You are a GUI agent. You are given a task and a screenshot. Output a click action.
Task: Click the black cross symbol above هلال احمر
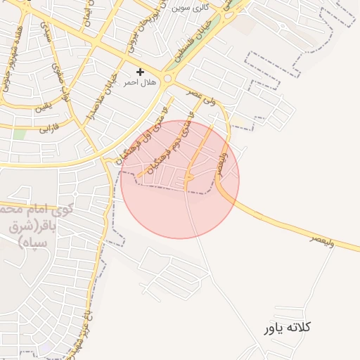pyautogui.click(x=141, y=72)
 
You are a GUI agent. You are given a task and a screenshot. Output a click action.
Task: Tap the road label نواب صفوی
pyautogui.click(x=60, y=77)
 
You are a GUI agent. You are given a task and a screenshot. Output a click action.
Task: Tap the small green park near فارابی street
pyautogui.click(x=19, y=133)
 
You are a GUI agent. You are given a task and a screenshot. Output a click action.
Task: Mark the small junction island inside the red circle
pyautogui.click(x=188, y=179)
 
